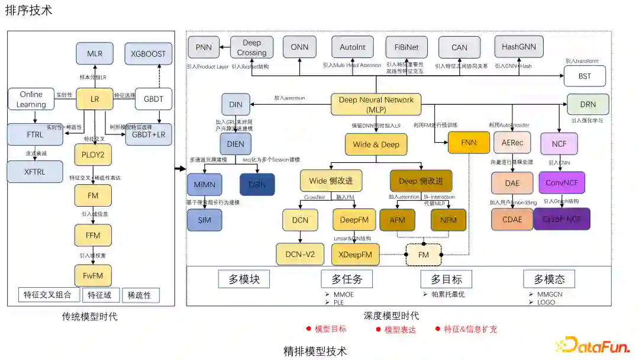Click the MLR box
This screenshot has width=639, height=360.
(x=95, y=53)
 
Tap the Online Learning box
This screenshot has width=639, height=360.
(x=31, y=99)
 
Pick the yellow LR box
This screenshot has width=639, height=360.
(x=95, y=99)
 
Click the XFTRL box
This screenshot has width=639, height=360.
(x=34, y=172)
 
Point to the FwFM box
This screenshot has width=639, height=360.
(x=93, y=275)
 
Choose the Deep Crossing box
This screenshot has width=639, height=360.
(x=251, y=48)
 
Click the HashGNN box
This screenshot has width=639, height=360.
(x=518, y=47)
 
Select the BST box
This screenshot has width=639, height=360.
(x=585, y=76)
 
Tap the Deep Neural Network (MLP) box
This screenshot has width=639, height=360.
(x=376, y=105)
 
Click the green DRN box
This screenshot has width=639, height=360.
(x=588, y=104)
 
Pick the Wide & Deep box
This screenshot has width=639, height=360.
(x=376, y=144)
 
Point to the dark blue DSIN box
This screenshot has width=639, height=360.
(x=257, y=184)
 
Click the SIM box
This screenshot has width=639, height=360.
(x=204, y=220)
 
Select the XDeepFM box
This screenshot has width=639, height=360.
(x=355, y=254)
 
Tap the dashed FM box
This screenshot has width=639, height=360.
(x=423, y=255)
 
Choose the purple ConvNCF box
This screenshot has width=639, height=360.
(x=561, y=183)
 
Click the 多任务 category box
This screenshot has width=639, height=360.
(x=347, y=279)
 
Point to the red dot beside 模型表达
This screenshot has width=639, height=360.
(x=378, y=329)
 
